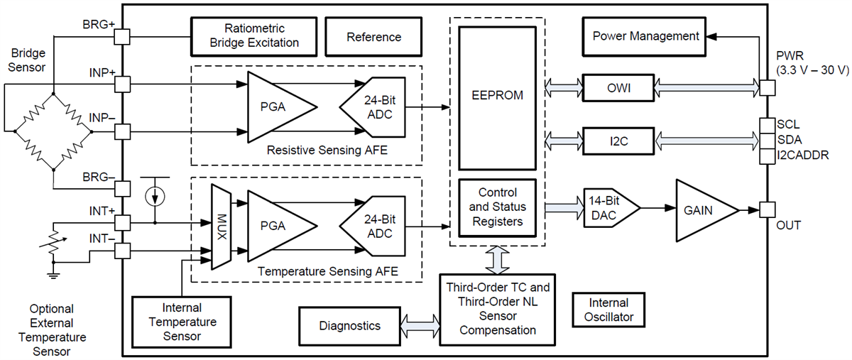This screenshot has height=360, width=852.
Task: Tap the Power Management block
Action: pos(645,36)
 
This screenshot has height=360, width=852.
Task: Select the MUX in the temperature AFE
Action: pos(222,227)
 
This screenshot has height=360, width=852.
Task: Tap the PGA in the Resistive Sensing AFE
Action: pos(279,107)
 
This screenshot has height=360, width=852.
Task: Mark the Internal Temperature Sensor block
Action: pos(182,322)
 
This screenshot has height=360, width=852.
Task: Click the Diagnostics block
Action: pos(349,326)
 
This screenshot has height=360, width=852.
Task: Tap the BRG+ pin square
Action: pos(122,36)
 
